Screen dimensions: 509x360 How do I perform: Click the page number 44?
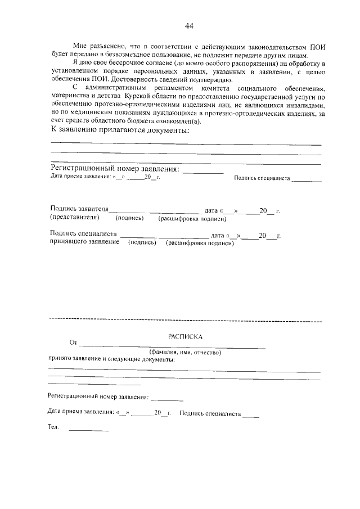(x=189, y=26)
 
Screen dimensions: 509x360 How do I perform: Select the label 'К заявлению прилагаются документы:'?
(x=119, y=130)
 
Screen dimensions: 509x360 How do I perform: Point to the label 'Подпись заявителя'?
(x=79, y=209)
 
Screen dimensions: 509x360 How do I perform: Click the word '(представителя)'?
(x=75, y=217)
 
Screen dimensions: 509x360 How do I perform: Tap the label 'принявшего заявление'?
(x=84, y=242)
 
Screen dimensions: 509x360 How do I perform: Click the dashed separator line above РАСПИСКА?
(x=186, y=321)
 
